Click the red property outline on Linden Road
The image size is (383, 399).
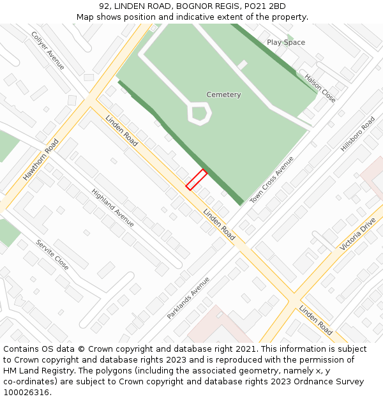[196, 179]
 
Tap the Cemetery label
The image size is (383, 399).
[223, 94]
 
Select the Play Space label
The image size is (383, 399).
[286, 42]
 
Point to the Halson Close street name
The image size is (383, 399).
[320, 87]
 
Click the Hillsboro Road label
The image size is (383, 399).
[357, 134]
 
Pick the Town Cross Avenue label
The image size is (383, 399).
[272, 180]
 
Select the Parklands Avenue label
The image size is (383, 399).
[188, 297]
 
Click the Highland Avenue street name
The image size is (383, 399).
[112, 207]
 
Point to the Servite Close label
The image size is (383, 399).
[52, 255]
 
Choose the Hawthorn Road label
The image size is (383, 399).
[41, 160]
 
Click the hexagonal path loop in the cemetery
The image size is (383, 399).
[199, 114]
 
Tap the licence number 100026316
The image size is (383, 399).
[26, 393]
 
